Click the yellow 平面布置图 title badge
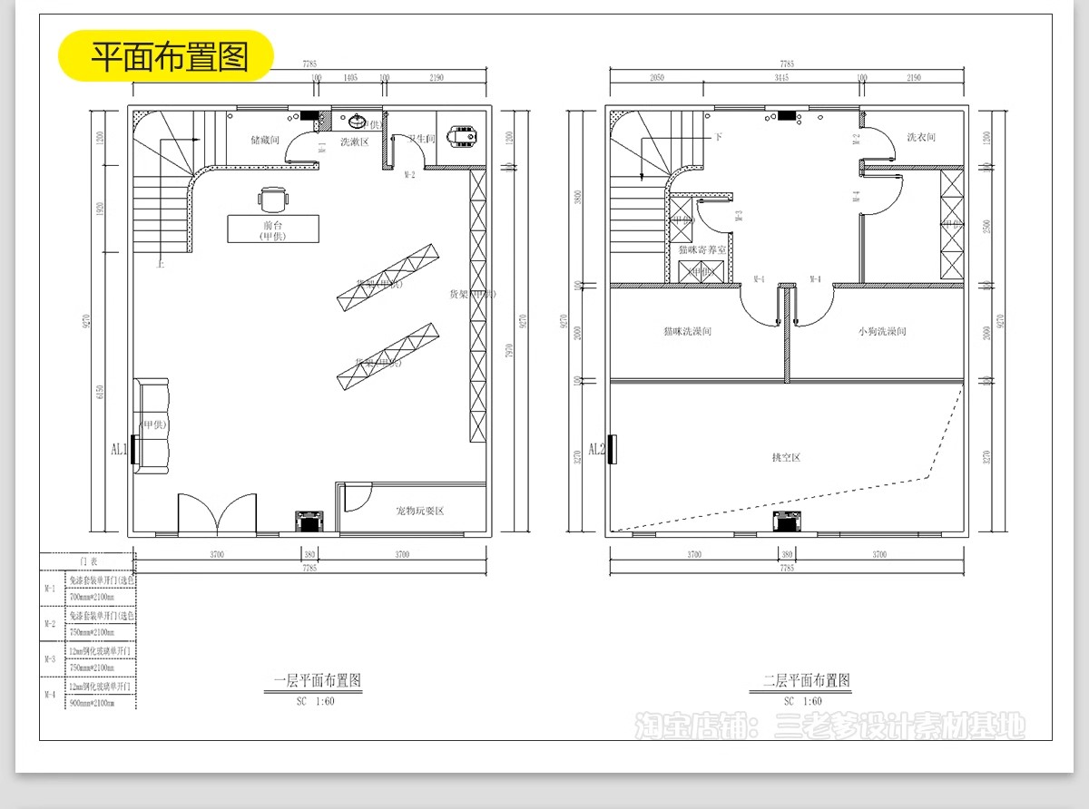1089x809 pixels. click(167, 56)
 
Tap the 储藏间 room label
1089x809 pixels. click(265, 141)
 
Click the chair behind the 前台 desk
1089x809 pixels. click(273, 199)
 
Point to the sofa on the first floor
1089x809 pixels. click(152, 424)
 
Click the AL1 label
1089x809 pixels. click(119, 449)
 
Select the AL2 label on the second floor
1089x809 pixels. click(596, 449)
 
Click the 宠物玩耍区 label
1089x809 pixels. click(419, 511)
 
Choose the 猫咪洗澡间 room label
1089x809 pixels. click(687, 332)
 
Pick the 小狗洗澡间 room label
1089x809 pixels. click(881, 332)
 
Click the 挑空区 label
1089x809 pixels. click(786, 457)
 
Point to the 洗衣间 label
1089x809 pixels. click(920, 138)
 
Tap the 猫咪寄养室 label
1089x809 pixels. click(701, 249)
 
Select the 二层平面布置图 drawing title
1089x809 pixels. click(806, 680)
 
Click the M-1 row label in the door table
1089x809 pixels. click(51, 589)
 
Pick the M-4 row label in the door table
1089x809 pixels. click(51, 694)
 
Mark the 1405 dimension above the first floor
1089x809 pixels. click(348, 78)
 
